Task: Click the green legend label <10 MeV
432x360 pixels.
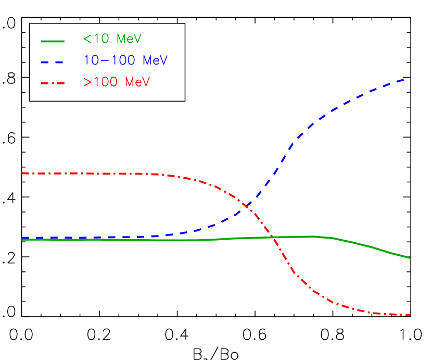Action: pos(112,40)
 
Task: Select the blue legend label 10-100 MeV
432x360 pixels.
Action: pos(125,60)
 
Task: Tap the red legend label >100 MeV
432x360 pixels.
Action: pos(116,82)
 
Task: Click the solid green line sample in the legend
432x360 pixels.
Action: pos(53,41)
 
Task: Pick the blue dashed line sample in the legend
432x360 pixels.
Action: pos(53,62)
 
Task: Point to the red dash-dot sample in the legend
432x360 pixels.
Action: pos(53,83)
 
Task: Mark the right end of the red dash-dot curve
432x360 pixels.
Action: pos(410,315)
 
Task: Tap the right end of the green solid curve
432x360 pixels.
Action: pos(410,257)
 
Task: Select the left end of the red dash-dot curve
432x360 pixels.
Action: pos(23,173)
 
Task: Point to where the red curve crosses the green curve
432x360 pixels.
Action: pos(272,238)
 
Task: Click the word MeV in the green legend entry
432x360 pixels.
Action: pos(129,40)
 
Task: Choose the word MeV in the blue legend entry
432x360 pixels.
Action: pos(155,60)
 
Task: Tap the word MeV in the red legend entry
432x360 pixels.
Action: pos(137,82)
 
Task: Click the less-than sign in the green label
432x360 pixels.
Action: pos(86,40)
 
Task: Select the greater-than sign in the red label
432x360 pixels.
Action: pos(86,82)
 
